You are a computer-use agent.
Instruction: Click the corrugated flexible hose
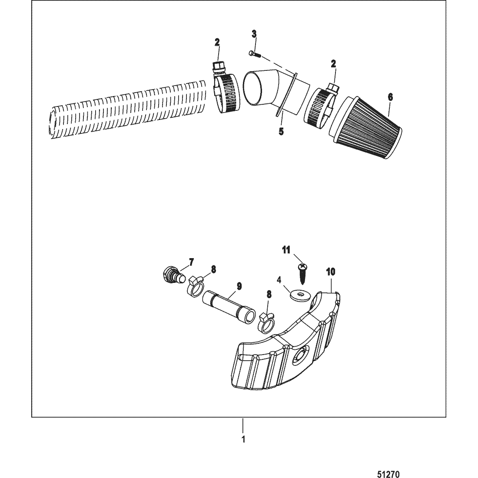[126, 109]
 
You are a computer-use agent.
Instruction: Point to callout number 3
[255, 34]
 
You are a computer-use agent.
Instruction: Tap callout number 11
[285, 249]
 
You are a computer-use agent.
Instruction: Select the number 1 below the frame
[243, 439]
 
